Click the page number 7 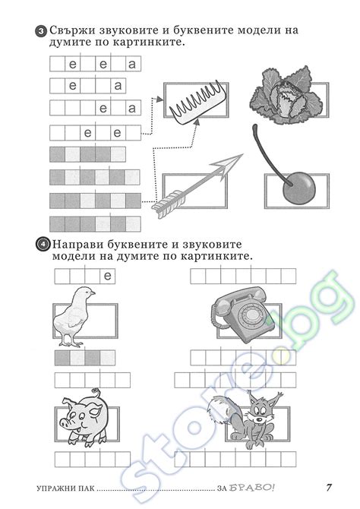point(329,487)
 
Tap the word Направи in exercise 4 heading point(81,245)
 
